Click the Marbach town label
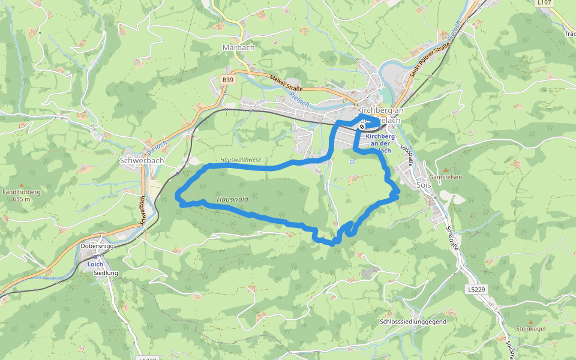pos(238,47)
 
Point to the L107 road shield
pos(544,3)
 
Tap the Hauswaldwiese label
pos(241,160)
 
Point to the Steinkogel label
pos(530,329)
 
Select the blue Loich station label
pos(95,264)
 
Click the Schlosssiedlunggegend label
pos(413,322)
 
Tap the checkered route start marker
pos(362,127)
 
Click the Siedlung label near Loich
pos(106,273)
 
